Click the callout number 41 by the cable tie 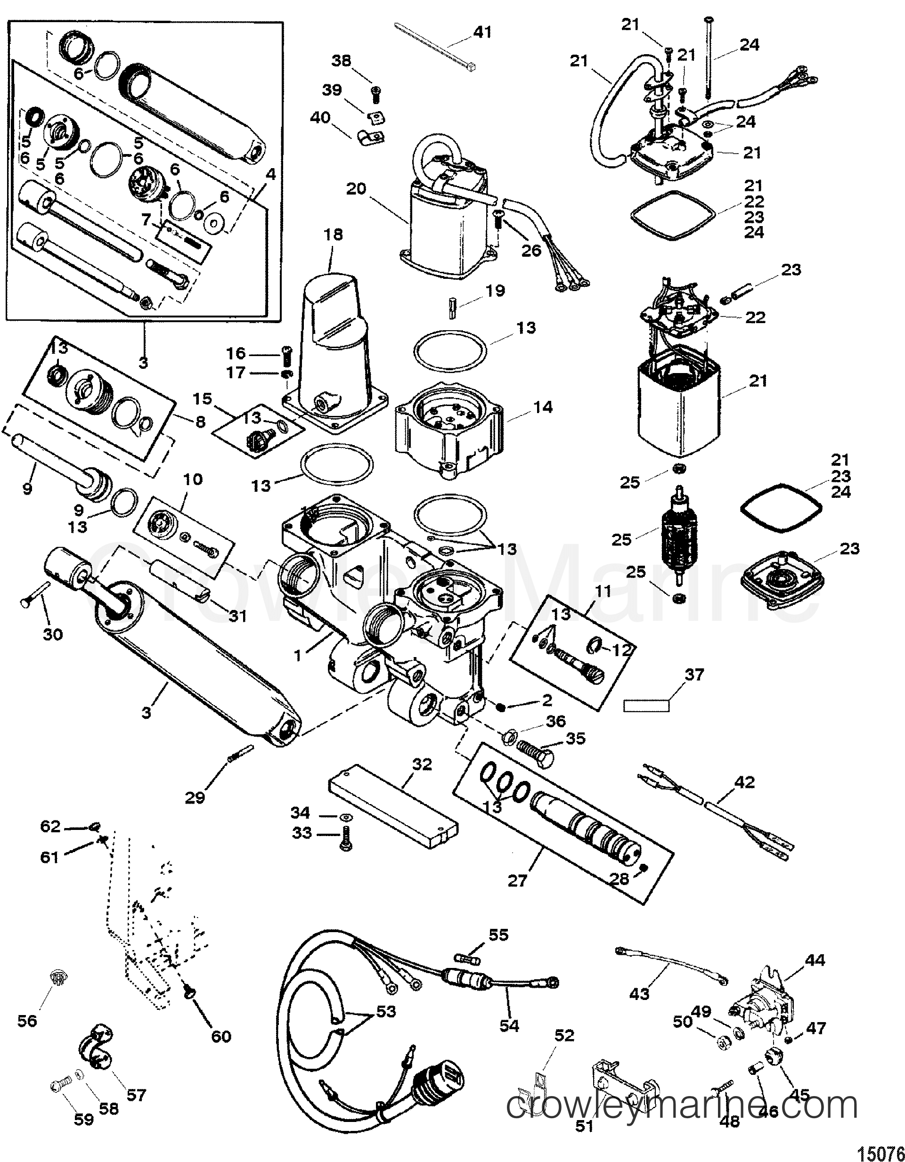[482, 32]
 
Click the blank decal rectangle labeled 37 [646, 706]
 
